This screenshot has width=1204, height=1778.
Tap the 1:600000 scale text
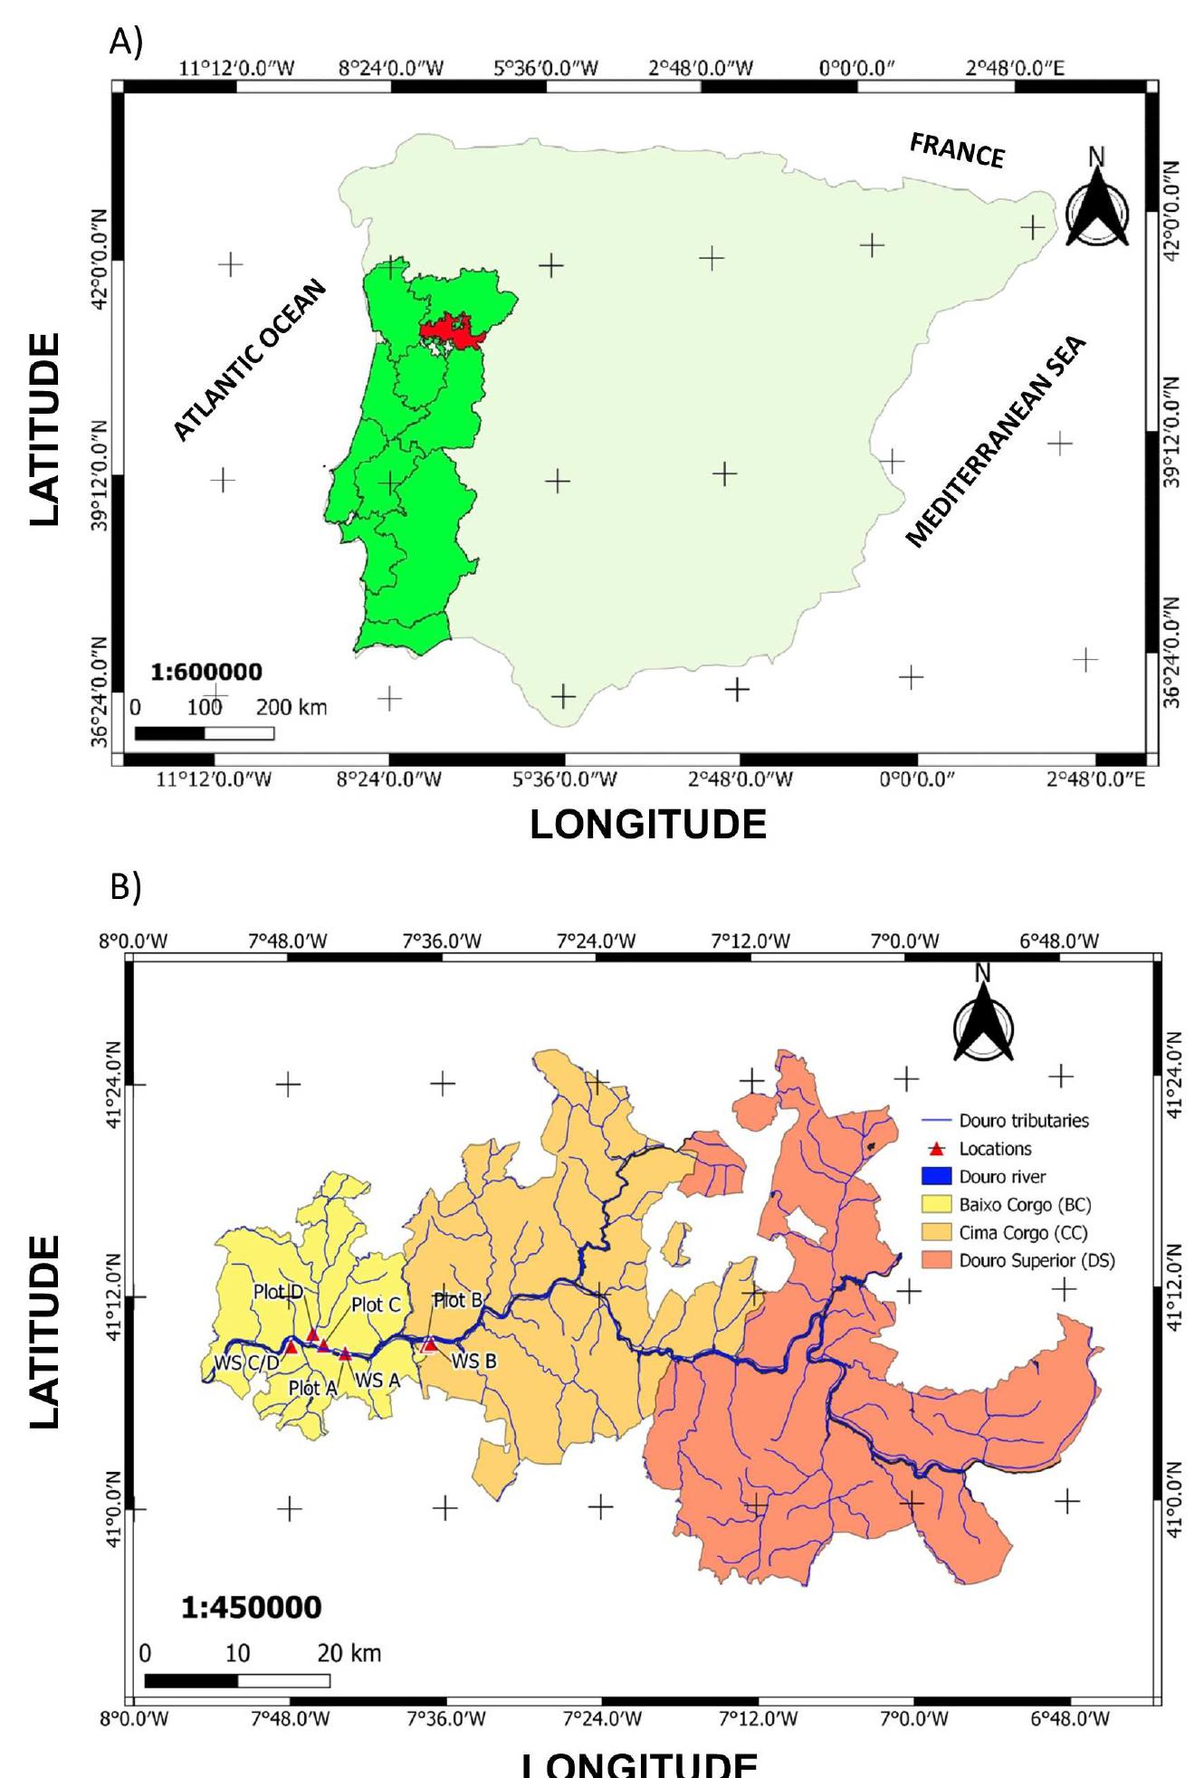(206, 672)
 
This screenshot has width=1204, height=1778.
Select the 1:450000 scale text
(251, 1608)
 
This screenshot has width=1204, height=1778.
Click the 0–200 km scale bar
(205, 733)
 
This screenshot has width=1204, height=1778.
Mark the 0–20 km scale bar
(237, 1681)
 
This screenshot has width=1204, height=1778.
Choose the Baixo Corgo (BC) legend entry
(1024, 1205)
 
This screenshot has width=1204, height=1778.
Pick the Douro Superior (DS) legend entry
(1036, 1261)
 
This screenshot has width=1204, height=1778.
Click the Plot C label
(376, 1305)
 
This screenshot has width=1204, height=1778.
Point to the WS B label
(474, 1360)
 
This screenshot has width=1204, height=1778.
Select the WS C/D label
(241, 1362)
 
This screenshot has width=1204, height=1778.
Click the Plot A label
(312, 1387)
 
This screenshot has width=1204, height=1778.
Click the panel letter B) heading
(125, 889)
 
